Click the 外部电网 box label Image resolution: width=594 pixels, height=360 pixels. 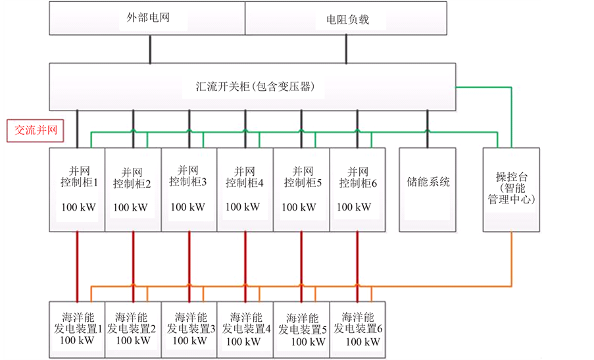click(148, 17)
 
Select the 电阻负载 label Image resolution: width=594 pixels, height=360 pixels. click(347, 20)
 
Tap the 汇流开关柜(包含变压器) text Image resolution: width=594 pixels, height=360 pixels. click(255, 86)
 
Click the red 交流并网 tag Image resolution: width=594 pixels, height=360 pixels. click(36, 131)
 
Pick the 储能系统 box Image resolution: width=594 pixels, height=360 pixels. click(428, 190)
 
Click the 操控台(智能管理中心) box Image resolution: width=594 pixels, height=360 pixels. click(511, 190)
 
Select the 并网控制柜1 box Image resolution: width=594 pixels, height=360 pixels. click(77, 190)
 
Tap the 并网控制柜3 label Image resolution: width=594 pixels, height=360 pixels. click(188, 176)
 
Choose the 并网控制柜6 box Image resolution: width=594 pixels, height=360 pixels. click(358, 190)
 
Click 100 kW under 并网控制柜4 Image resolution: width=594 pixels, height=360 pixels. click(243, 207)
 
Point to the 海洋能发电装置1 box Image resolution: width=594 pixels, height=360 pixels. click(77, 330)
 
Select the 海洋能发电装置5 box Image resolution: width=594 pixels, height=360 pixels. click(301, 330)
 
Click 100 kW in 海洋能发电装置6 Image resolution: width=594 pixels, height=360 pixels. click(362, 342)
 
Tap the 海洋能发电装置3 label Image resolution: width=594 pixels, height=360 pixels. click(191, 323)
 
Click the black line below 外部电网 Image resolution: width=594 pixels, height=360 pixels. click(151, 49)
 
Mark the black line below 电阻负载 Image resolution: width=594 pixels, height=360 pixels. click(346, 49)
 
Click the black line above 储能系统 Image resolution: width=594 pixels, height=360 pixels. click(428, 129)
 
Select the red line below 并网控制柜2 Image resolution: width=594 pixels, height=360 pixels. click(134, 267)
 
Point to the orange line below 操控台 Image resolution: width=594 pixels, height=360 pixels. click(511, 259)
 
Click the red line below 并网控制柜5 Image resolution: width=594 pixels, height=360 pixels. click(301, 267)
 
